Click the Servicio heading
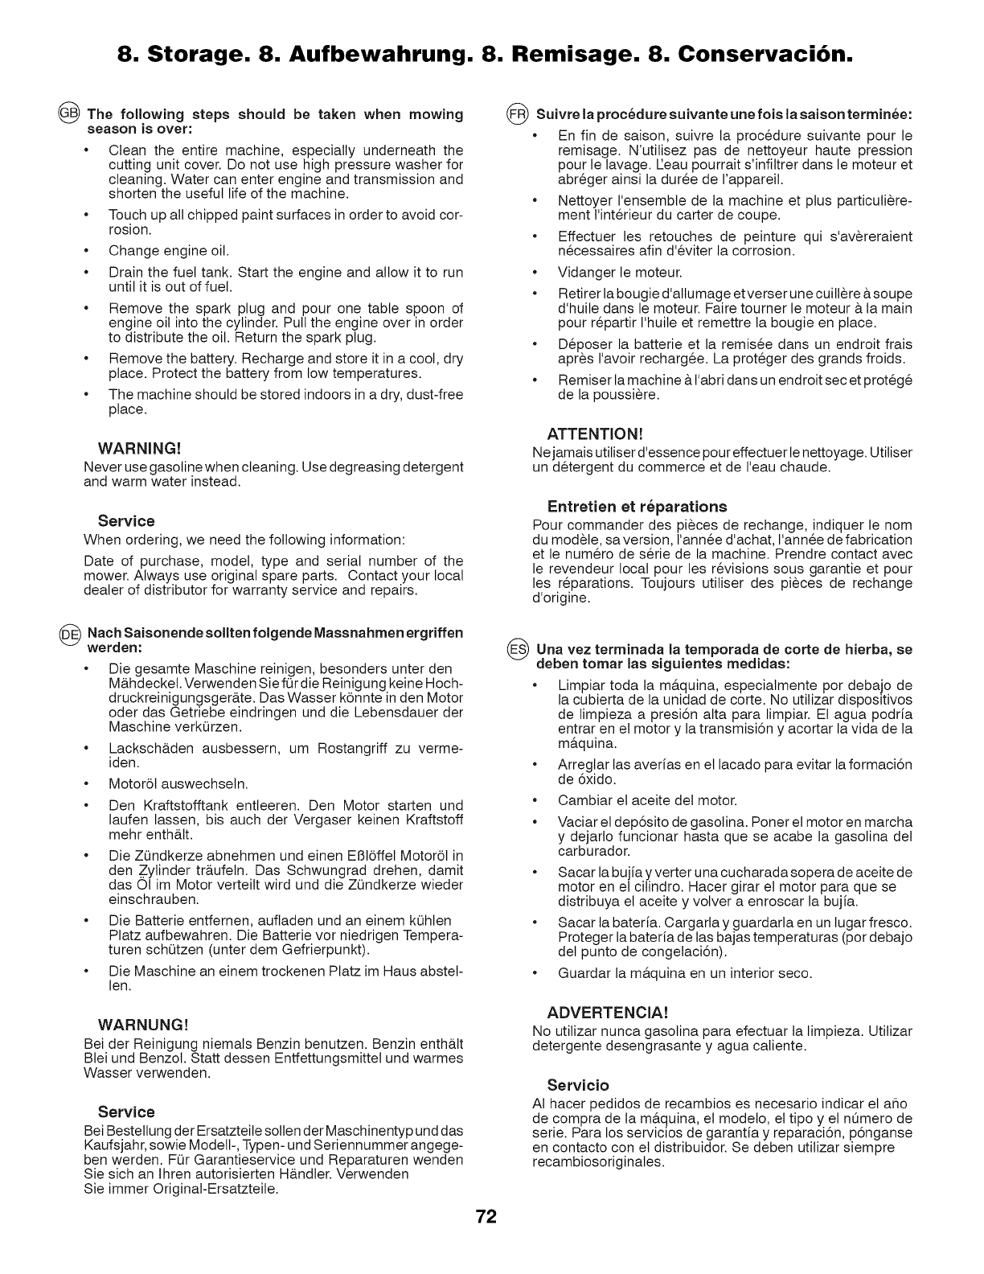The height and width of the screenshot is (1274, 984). click(x=578, y=1084)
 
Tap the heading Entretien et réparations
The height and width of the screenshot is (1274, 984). click(x=637, y=506)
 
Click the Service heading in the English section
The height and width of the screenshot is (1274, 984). click(x=126, y=520)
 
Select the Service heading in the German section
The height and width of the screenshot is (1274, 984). click(x=126, y=1112)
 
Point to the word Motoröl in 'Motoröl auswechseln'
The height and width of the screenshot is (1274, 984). click(x=133, y=783)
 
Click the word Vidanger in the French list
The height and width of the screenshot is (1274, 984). click(x=584, y=272)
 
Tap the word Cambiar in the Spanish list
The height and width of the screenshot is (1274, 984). click(x=584, y=800)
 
